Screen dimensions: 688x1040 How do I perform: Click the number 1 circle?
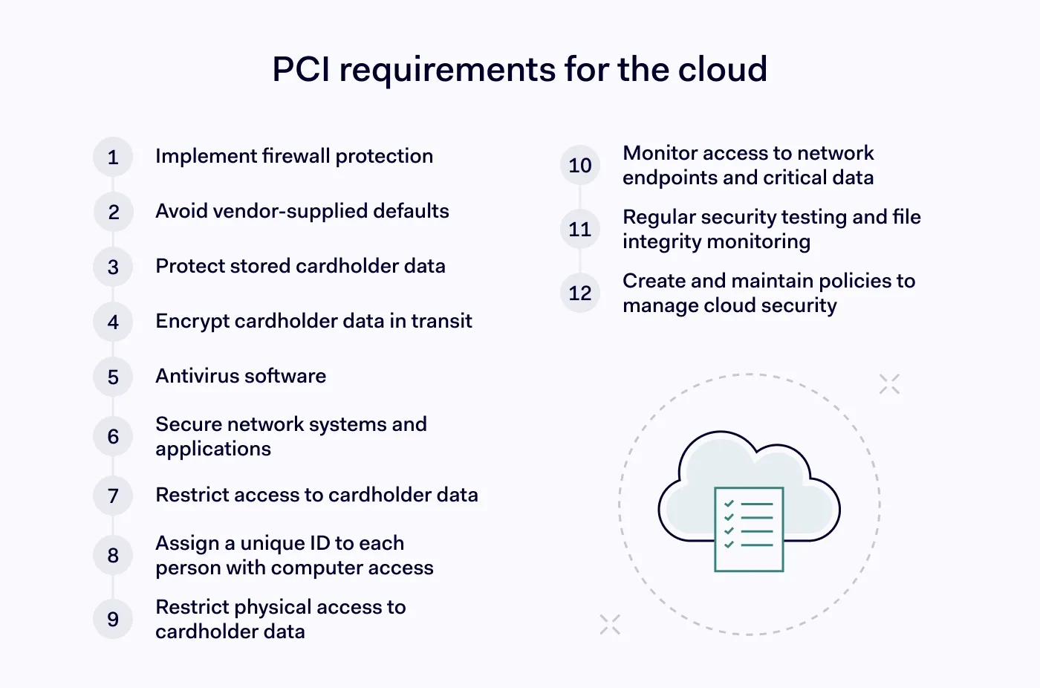coord(113,157)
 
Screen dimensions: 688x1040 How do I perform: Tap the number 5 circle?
coord(113,377)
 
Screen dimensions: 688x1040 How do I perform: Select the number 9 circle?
coord(113,619)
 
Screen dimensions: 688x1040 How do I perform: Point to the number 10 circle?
coord(580,165)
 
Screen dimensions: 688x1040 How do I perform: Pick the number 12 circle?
coord(580,293)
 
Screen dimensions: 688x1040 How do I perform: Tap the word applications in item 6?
coord(213,449)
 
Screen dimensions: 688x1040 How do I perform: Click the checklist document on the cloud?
coord(749,529)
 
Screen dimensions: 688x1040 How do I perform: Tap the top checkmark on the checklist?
coord(729,504)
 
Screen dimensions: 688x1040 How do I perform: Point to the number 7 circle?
coord(113,496)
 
